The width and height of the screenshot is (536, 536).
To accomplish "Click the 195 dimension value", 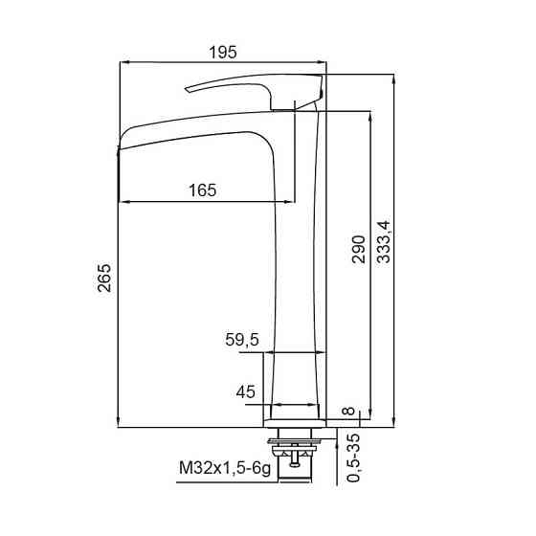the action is pyautogui.click(x=222, y=53).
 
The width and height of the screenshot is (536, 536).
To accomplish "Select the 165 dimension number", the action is pyautogui.click(x=202, y=190).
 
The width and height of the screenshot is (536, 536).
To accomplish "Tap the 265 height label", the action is pyautogui.click(x=104, y=278).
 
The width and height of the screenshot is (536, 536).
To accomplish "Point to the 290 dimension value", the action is pyautogui.click(x=359, y=249).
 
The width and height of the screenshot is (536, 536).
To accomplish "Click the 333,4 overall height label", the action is pyautogui.click(x=383, y=242).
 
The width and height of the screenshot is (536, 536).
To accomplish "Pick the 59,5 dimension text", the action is pyautogui.click(x=242, y=340).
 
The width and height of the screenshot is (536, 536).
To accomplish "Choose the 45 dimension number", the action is pyautogui.click(x=245, y=391).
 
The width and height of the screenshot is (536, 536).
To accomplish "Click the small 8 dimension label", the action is pyautogui.click(x=348, y=411).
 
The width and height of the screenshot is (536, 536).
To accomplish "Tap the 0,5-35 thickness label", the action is pyautogui.click(x=353, y=458).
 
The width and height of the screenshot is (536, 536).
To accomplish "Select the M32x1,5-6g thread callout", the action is pyautogui.click(x=225, y=468).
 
